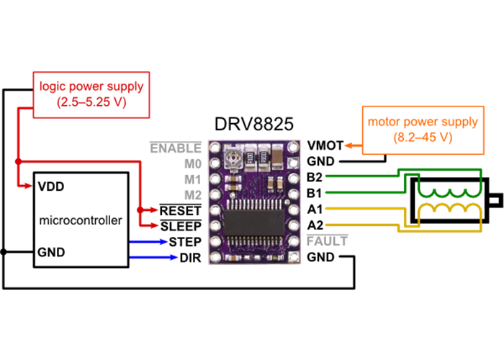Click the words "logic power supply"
(x=91, y=86)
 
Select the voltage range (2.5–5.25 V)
(x=91, y=102)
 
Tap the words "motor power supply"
(x=423, y=122)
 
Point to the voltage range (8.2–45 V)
(x=423, y=137)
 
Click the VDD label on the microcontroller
(x=51, y=186)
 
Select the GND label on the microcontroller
(x=51, y=253)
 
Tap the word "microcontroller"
(x=81, y=220)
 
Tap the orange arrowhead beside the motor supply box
(x=348, y=146)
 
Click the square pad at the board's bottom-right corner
(x=292, y=257)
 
